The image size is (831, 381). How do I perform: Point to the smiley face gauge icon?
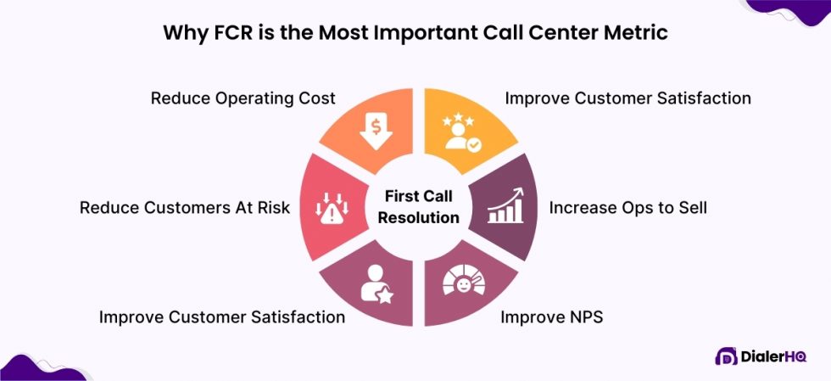pyautogui.click(x=463, y=284)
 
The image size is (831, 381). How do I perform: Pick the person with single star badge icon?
pyautogui.click(x=375, y=284)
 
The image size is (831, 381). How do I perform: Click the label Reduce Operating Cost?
pyautogui.click(x=243, y=98)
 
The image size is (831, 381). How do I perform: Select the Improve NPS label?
pyautogui.click(x=552, y=317)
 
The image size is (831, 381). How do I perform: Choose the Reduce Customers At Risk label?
pyautogui.click(x=185, y=207)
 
